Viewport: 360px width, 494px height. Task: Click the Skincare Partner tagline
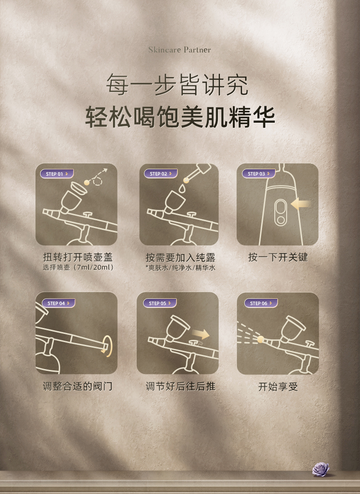tap(180, 50)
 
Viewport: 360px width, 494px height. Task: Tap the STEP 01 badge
tap(57, 174)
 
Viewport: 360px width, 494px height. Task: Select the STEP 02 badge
tap(161, 174)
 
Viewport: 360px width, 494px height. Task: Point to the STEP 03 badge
tap(259, 174)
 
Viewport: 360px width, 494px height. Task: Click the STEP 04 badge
tap(58, 303)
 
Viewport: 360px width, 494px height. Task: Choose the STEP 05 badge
tap(160, 303)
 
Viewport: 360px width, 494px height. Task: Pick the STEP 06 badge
tap(261, 303)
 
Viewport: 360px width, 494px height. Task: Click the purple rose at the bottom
tap(321, 469)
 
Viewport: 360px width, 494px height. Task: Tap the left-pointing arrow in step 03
tap(301, 204)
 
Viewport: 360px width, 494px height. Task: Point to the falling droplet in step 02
tap(182, 188)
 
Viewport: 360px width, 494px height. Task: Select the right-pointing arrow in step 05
tap(201, 334)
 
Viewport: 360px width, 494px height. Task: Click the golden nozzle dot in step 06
tap(261, 339)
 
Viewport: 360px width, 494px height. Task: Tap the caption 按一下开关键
tap(278, 257)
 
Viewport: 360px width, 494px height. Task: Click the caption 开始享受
tap(278, 386)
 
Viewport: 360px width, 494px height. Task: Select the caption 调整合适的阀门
tap(77, 386)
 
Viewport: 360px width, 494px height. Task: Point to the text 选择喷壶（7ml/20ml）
tap(78, 267)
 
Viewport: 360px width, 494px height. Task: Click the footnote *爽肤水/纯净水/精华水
tap(180, 268)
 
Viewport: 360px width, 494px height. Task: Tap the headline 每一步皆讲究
tap(177, 84)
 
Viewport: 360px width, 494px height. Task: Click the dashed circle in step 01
tap(98, 181)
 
